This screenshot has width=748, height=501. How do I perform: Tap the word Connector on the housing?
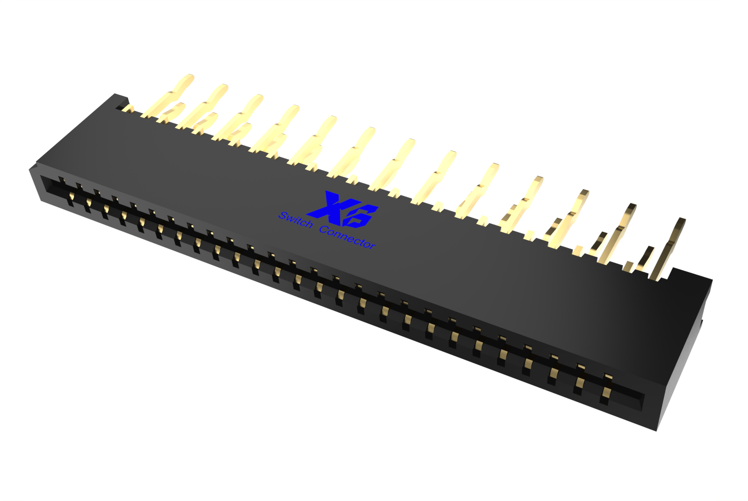coord(347,237)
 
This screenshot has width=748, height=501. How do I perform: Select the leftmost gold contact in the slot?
coord(71,200)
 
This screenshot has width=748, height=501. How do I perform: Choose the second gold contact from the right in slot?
coord(579,385)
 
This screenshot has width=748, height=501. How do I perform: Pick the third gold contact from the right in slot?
coord(553,374)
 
